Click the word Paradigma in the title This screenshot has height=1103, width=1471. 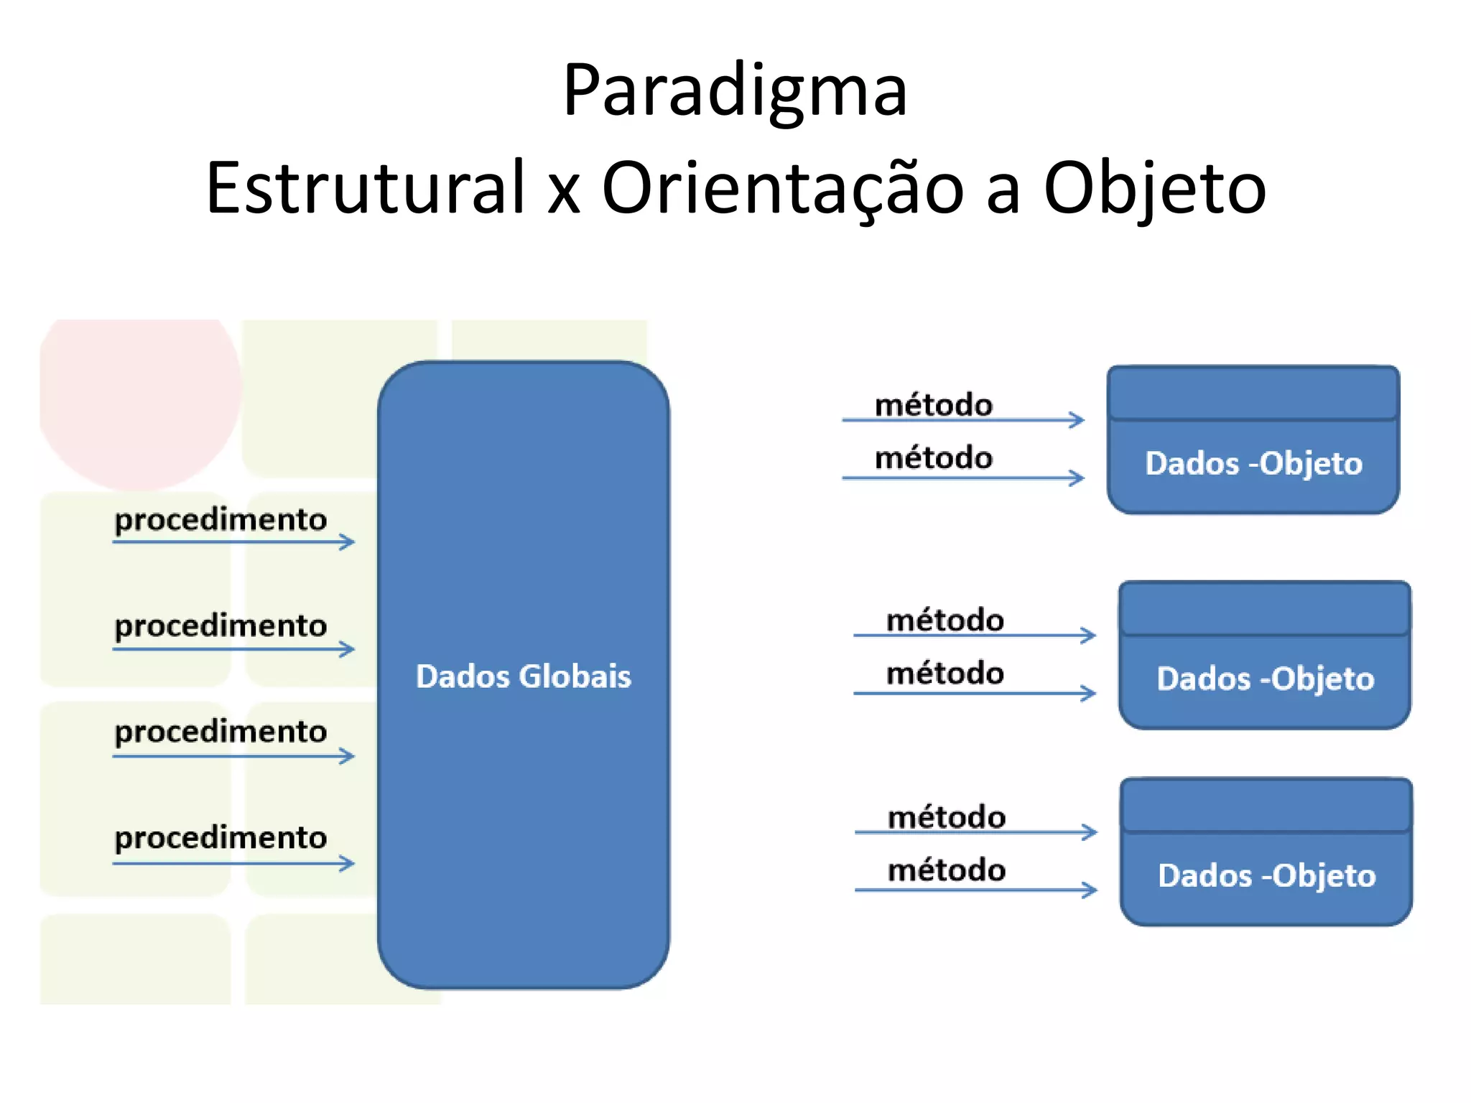click(x=735, y=92)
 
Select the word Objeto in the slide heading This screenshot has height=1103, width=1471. click(x=1154, y=188)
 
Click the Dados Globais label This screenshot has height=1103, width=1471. click(x=523, y=676)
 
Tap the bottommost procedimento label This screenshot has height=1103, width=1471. click(x=221, y=838)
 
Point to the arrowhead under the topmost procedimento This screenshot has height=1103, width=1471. click(x=348, y=541)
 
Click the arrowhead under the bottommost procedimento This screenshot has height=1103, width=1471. click(x=348, y=862)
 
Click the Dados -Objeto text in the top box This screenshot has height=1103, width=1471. click(x=1253, y=464)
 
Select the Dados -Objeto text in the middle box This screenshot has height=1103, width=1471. click(x=1265, y=679)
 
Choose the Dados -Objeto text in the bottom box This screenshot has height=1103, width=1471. click(x=1266, y=876)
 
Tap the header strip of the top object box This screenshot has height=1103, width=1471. click(x=1253, y=393)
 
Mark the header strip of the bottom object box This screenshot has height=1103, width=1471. click(x=1266, y=806)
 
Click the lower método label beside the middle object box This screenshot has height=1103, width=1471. click(x=945, y=674)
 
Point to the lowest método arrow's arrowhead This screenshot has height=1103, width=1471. click(x=1090, y=890)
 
